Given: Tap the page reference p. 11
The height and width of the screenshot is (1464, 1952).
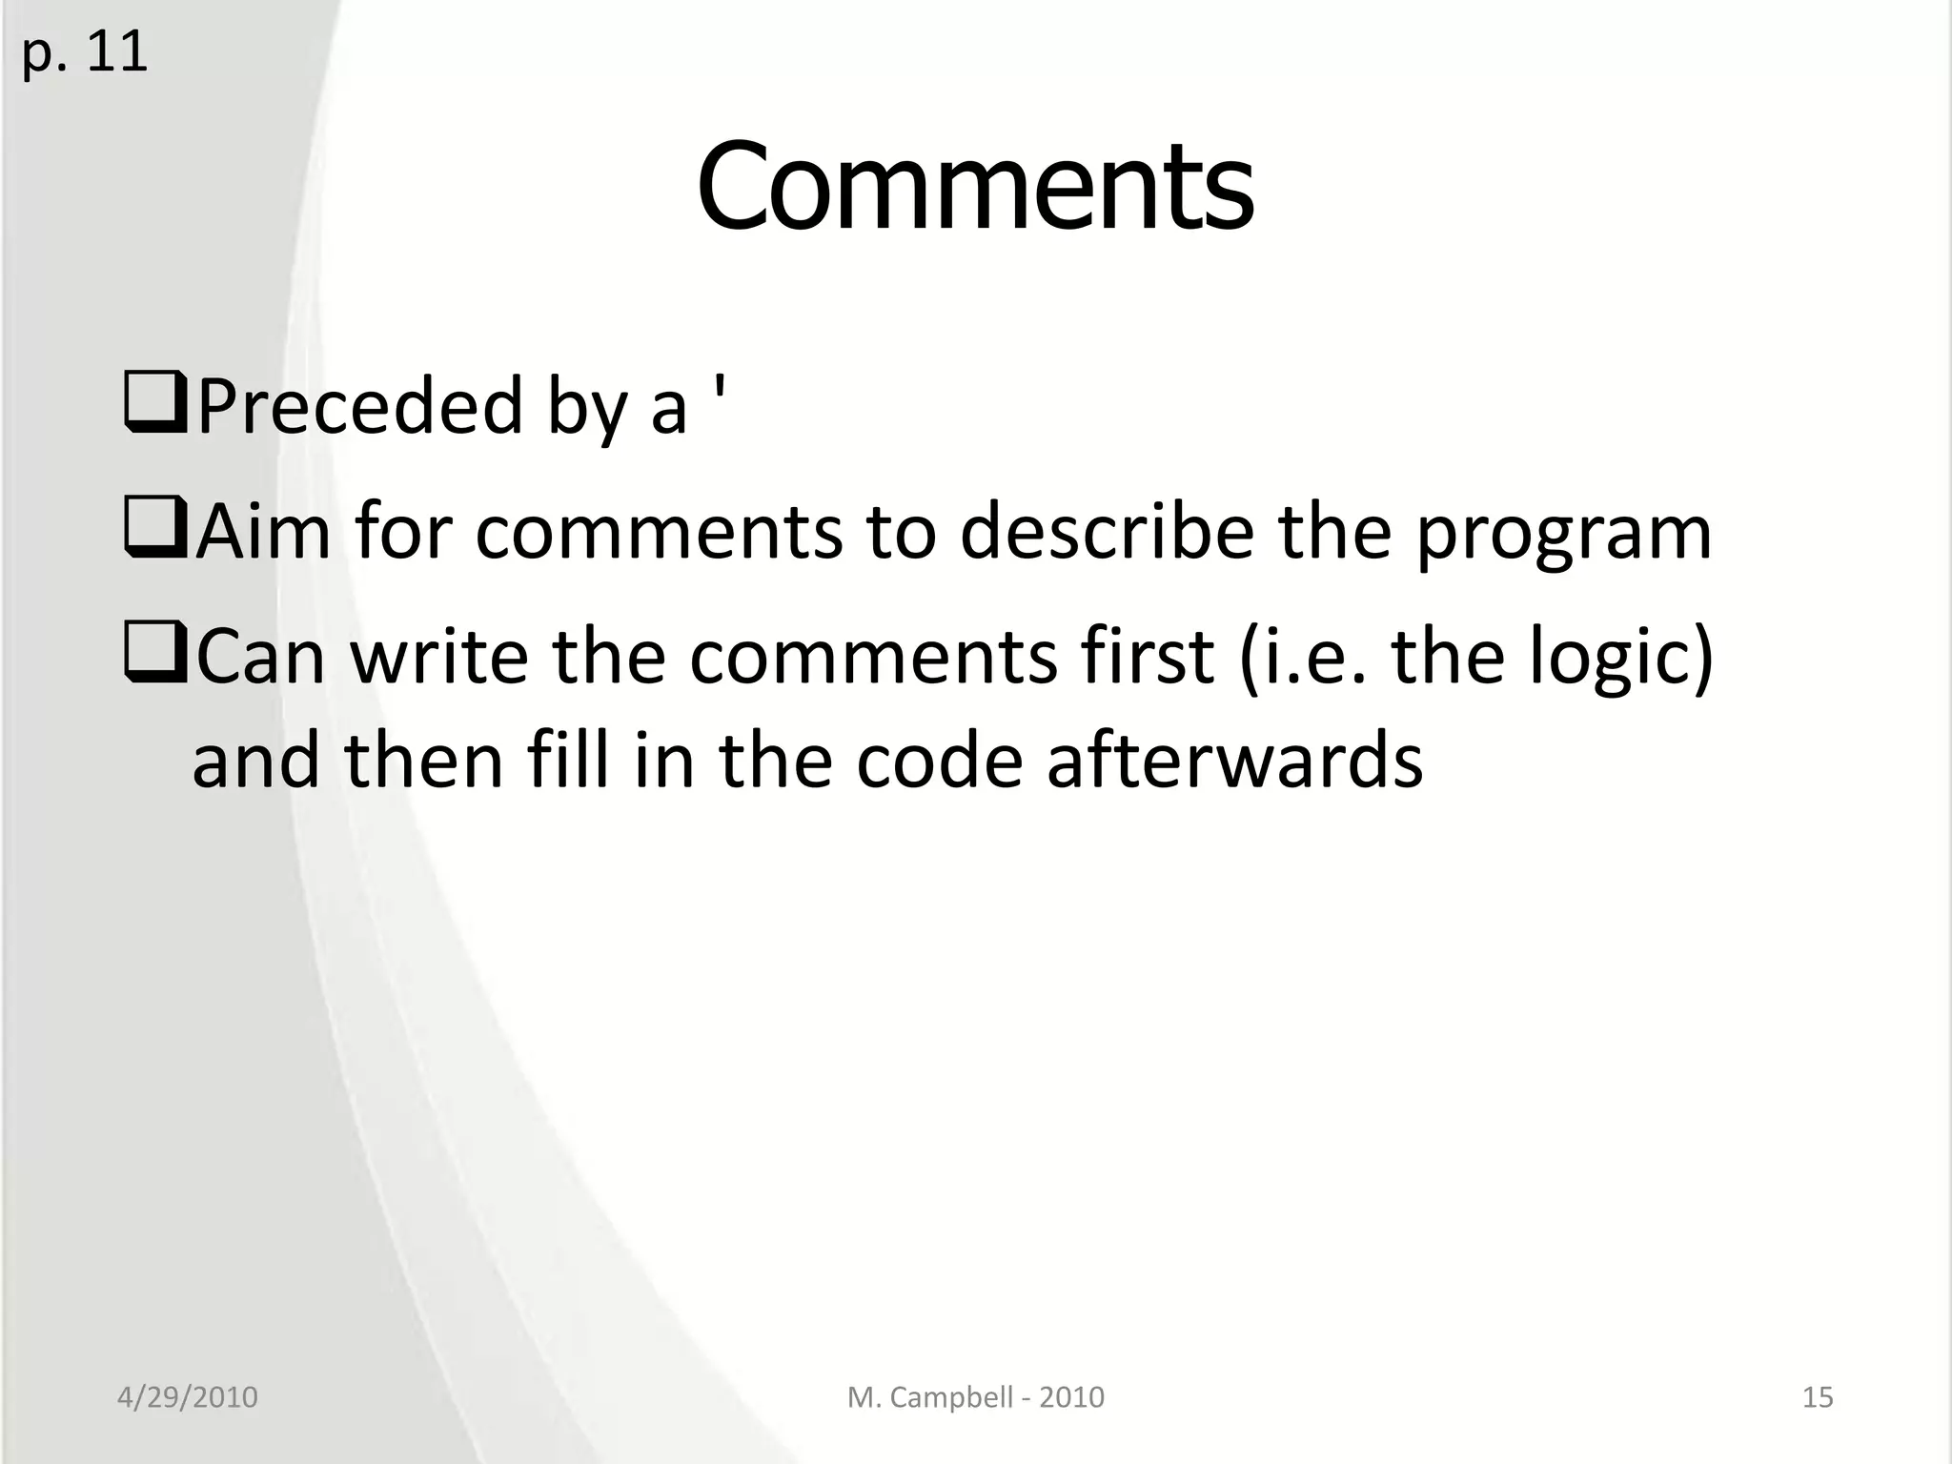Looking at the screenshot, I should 84,52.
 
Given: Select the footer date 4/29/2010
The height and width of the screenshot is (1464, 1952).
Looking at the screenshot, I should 187,1397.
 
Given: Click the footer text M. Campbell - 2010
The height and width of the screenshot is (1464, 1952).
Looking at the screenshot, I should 975,1397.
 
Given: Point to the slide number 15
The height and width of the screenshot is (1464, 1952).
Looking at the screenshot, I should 1818,1397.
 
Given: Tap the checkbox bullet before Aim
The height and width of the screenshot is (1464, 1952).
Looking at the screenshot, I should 155,532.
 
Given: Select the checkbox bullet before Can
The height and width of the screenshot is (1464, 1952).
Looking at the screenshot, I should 155,657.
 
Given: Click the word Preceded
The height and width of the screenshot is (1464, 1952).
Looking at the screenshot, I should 360,407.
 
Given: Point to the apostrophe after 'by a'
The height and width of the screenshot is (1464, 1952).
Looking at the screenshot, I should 719,391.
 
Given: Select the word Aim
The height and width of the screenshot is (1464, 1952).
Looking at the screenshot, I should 264,532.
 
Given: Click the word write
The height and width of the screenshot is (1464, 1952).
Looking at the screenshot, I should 439,658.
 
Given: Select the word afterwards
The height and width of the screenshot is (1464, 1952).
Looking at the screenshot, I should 1234,762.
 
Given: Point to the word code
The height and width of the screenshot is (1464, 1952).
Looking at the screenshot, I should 938,762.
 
